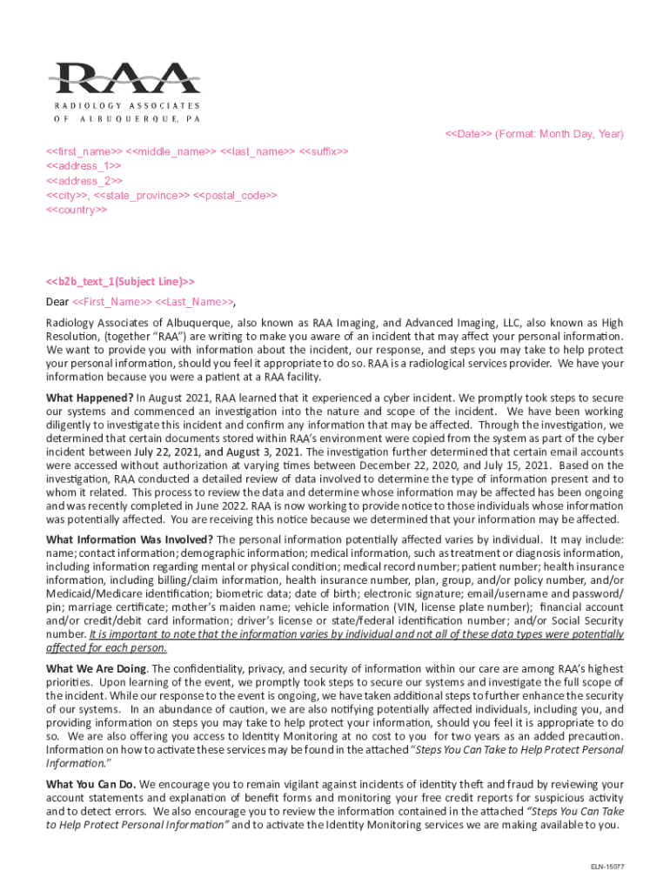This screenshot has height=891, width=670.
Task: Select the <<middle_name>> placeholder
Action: [x=174, y=151]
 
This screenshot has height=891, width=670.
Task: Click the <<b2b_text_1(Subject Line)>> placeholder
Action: [x=120, y=281]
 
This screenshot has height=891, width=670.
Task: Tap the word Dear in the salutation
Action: [x=57, y=303]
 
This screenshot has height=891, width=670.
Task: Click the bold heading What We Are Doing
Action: [x=96, y=668]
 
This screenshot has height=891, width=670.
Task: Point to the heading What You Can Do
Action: [x=90, y=784]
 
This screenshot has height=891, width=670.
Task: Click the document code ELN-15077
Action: [x=607, y=868]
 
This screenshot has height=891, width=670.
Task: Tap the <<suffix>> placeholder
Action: [x=324, y=151]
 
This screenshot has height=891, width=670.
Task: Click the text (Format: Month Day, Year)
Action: [x=560, y=134]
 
